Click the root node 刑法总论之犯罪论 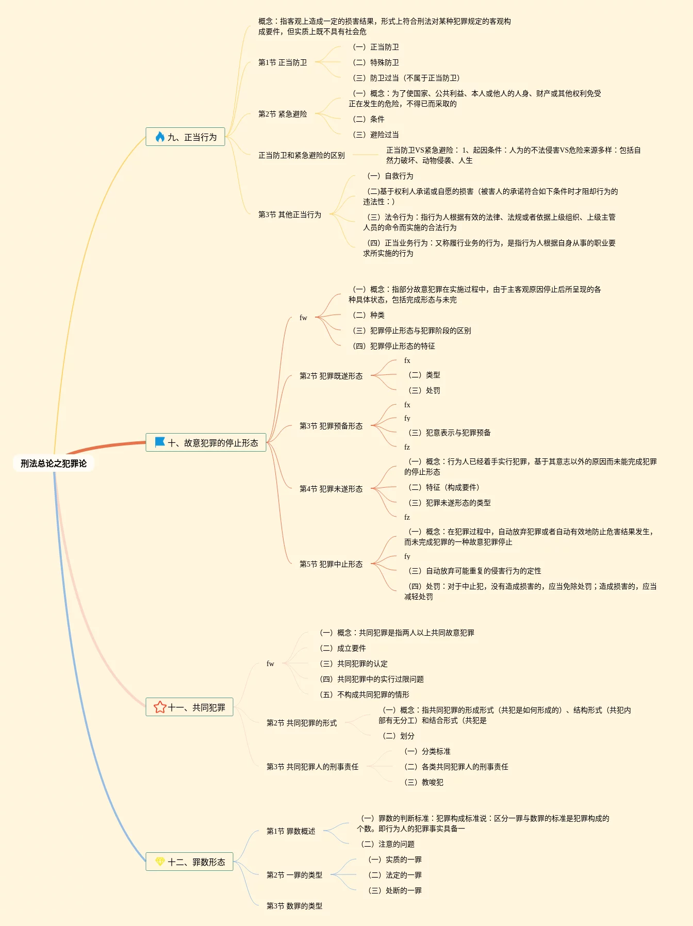[x=54, y=464]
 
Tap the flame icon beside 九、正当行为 [x=160, y=137]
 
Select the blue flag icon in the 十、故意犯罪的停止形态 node [x=160, y=442]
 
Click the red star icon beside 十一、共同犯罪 [x=160, y=707]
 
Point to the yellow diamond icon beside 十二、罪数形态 [x=160, y=862]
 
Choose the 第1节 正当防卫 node [x=283, y=62]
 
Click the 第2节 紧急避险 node [x=283, y=114]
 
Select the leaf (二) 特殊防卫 [x=376, y=62]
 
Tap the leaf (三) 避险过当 [x=376, y=135]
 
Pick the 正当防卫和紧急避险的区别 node [x=302, y=155]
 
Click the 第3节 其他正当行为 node [x=290, y=214]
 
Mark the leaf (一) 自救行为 [x=390, y=176]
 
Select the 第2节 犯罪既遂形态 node [x=331, y=376]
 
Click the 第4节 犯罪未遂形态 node [x=331, y=489]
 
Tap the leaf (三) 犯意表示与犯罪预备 [x=449, y=433]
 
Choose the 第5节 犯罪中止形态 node [x=331, y=564]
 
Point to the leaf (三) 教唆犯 [x=424, y=782]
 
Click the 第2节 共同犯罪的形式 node [x=302, y=723]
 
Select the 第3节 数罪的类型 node [x=294, y=906]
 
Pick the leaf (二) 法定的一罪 [x=395, y=875]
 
